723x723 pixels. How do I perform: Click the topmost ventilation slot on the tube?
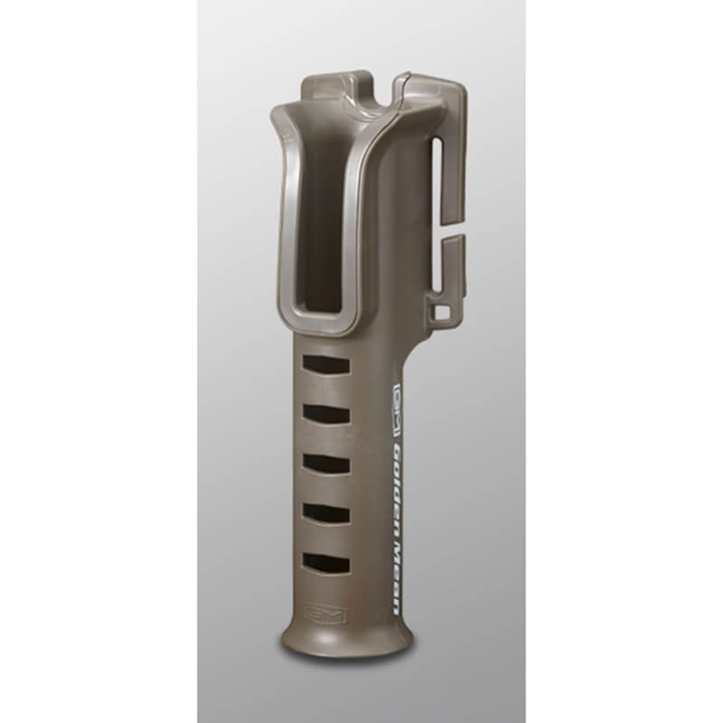[325, 364]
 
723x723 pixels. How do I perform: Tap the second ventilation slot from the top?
[325, 414]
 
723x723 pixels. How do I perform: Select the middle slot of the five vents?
[325, 464]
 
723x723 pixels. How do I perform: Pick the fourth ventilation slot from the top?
[325, 512]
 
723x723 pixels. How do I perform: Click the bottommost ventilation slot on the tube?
[325, 562]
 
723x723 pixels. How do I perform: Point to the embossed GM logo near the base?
[326, 615]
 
